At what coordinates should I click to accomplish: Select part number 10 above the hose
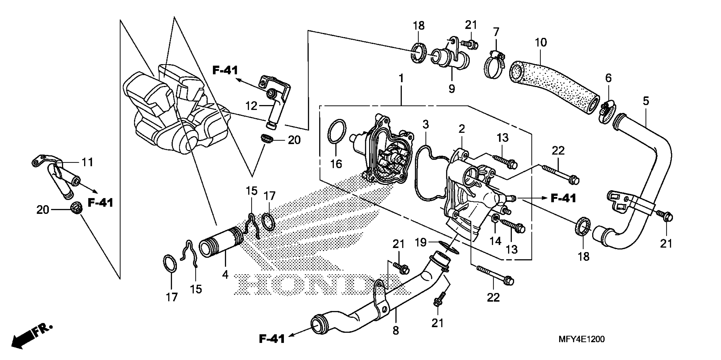pos(540,43)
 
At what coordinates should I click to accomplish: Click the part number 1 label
pos(401,78)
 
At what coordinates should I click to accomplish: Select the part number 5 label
pos(646,101)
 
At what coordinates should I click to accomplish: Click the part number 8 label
pos(396,331)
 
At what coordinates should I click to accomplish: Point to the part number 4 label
pos(225,275)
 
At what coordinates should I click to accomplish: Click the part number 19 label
pos(420,242)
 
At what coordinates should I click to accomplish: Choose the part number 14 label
pos(495,241)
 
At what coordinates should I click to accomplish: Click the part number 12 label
pos(251,106)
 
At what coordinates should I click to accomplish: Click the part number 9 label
pos(451,89)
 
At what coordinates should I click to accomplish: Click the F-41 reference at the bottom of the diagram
pos(271,339)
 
